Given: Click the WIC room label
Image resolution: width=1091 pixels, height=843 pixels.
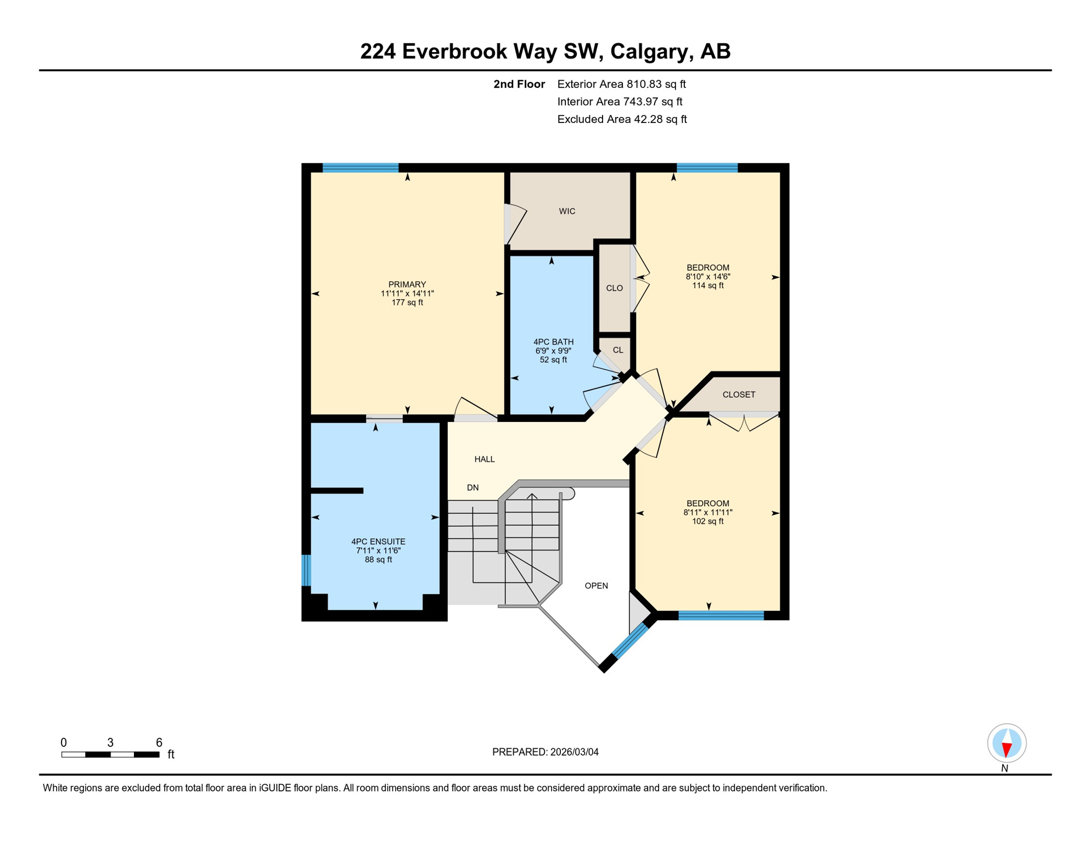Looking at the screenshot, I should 567,211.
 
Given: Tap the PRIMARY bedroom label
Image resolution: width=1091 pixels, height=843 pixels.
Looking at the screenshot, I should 407,284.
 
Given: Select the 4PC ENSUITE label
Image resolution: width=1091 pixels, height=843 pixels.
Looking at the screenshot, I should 378,542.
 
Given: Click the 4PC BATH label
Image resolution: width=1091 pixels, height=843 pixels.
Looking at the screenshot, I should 553,342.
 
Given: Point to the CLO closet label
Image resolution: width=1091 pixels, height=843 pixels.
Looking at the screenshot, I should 614,288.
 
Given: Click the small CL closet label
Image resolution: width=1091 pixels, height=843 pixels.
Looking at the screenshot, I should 618,350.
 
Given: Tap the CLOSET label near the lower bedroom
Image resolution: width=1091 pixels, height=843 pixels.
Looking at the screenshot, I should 739,395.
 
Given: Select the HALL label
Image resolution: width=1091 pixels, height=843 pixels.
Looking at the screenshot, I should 485,459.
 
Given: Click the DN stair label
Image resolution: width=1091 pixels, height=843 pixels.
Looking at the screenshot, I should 473,488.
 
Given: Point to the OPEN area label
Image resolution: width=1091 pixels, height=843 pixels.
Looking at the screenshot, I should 596,586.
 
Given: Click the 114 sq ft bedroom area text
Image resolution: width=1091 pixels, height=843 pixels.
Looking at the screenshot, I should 707,286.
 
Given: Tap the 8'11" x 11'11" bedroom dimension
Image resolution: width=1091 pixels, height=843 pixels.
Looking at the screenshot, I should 707,513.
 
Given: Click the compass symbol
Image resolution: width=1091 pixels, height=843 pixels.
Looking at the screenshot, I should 1006,744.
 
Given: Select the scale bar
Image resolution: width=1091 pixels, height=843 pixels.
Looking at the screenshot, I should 110,755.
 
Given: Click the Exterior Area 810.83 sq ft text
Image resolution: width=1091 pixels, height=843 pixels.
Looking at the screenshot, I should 621,84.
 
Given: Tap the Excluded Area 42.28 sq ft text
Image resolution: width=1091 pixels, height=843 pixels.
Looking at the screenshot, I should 622,119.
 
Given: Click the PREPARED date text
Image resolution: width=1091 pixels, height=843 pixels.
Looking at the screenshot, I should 545,752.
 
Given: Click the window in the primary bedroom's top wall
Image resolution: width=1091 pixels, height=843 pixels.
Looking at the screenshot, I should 361,168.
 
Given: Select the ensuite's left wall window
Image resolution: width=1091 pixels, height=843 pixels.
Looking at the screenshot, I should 306,570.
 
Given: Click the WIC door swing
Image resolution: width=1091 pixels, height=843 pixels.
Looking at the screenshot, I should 515,224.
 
